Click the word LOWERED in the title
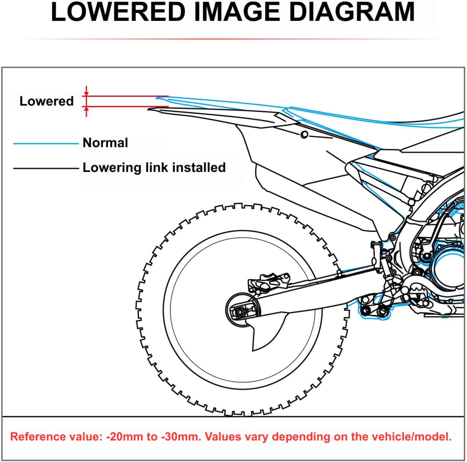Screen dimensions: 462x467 tap(118, 12)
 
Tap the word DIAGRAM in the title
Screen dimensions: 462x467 tap(352, 12)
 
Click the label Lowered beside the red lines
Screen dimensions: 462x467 tap(47, 101)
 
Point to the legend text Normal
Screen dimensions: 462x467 tap(105, 143)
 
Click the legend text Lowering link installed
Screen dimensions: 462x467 tap(154, 168)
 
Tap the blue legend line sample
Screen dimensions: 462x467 tap(45, 144)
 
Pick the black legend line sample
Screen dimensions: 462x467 tap(45, 168)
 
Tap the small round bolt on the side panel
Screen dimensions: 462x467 tap(304, 135)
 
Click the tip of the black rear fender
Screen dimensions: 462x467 tap(150, 109)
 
